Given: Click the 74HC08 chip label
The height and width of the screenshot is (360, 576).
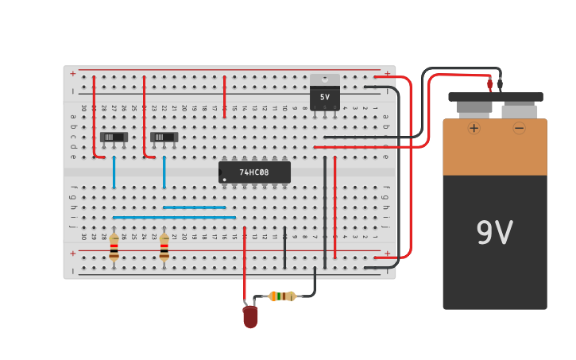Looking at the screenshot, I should coord(254,172).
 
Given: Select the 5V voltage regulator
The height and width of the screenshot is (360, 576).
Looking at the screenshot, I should coord(324,92).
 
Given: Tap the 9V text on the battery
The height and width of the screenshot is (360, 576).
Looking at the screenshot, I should coord(494,233).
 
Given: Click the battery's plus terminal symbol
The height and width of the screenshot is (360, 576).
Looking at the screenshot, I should coord(474,128).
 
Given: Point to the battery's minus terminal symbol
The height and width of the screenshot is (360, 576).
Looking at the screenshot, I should coord(519,128).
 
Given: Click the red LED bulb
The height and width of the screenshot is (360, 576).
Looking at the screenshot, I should coord(250,316).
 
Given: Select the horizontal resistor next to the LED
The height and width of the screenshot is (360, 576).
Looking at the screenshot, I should coord(282,296).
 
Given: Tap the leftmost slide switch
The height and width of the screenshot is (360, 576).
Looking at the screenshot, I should coord(114,137).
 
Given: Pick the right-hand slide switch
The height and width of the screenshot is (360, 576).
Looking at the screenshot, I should coord(164,137).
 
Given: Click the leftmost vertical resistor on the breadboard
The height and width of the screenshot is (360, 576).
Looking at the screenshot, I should coord(114,248).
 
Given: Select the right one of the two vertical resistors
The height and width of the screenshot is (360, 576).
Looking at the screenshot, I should coord(164,248).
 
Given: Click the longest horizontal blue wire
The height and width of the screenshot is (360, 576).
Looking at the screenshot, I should coord(174,217).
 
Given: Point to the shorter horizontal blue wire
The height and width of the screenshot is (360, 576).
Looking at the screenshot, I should coord(195,207).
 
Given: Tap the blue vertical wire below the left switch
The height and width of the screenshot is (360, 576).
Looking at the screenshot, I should coord(114,172).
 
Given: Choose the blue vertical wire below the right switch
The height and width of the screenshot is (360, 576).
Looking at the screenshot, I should coord(164,172).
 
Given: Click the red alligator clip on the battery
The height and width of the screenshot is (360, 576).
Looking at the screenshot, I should coord(490,83).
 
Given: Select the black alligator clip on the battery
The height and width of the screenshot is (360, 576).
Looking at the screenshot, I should coord(500,83).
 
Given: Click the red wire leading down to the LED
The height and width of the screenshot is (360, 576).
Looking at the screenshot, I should coord(245,262).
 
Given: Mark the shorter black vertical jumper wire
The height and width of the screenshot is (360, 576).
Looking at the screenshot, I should coord(284,248).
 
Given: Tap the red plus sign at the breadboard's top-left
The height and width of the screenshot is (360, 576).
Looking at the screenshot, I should coord(73,74).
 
